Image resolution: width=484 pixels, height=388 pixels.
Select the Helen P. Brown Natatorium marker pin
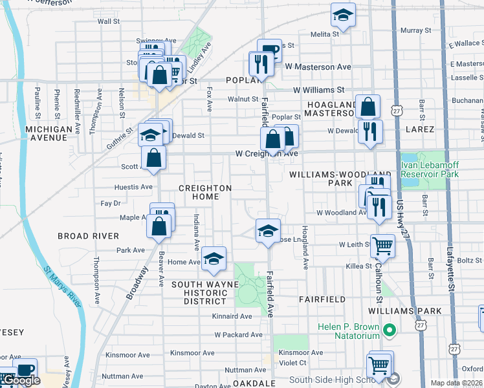(x=388, y=332)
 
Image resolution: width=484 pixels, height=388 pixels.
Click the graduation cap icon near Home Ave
(x=214, y=259)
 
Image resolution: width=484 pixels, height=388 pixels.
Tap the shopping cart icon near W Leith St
(x=382, y=246)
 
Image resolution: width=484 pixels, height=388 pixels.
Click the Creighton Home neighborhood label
(x=205, y=192)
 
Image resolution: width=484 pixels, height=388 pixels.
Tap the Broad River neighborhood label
(x=88, y=236)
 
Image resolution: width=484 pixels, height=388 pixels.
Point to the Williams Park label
(x=415, y=311)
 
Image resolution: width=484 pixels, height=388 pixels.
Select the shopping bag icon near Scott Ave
(x=154, y=158)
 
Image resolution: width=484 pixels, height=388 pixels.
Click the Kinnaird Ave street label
(x=232, y=316)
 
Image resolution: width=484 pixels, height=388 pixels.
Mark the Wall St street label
(x=109, y=21)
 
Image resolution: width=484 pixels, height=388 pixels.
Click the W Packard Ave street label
(x=238, y=335)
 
